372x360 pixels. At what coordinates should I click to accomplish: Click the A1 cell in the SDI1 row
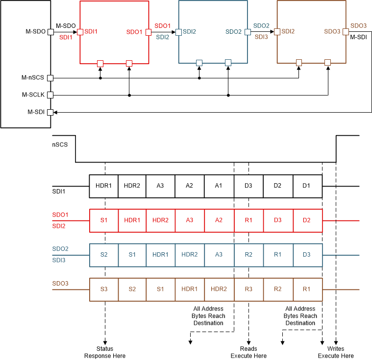(x=219, y=186)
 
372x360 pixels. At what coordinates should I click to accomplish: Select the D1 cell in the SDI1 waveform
(x=307, y=186)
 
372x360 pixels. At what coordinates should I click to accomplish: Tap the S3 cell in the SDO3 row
(x=103, y=289)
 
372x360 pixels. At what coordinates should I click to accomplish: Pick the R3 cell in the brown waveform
(x=248, y=289)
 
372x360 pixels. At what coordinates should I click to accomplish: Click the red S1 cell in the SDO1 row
(x=103, y=220)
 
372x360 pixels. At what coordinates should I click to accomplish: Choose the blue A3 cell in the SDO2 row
(x=219, y=255)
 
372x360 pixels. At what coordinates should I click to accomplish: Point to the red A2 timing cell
(x=219, y=220)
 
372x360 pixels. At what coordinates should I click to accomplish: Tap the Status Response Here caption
(x=105, y=352)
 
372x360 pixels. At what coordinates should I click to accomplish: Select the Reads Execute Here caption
(x=249, y=352)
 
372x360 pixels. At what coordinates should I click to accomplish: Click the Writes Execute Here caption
(x=336, y=352)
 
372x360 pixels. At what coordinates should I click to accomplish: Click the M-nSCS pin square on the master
(x=50, y=78)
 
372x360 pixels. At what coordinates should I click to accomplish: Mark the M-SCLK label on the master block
(x=33, y=95)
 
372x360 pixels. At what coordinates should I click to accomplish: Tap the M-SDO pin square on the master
(x=50, y=32)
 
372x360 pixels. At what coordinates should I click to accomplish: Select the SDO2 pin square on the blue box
(x=248, y=32)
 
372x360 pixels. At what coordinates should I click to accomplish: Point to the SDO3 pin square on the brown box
(x=346, y=32)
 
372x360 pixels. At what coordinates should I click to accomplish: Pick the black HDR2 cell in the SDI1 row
(x=132, y=186)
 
